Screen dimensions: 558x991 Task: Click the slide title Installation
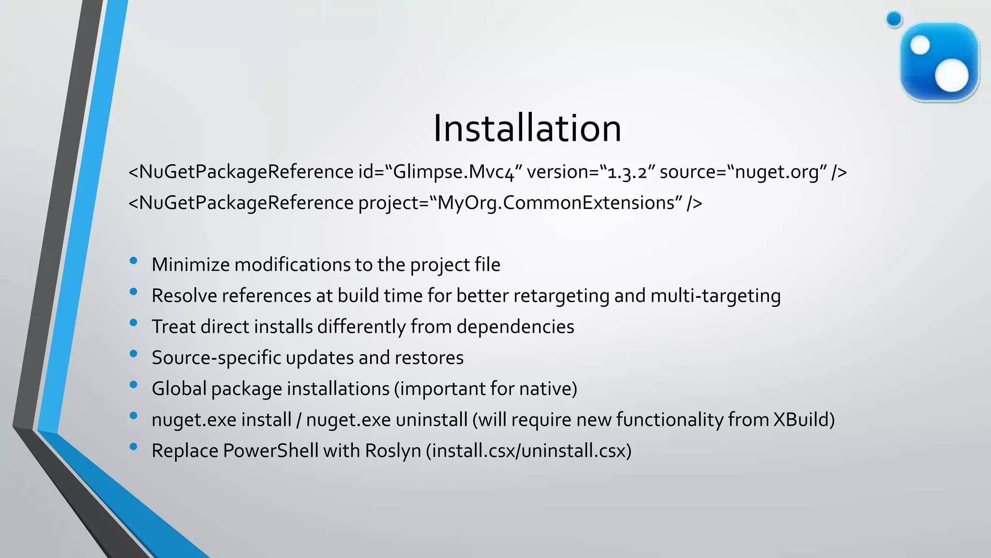(527, 128)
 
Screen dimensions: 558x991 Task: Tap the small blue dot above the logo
(894, 19)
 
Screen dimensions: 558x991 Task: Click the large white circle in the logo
(952, 76)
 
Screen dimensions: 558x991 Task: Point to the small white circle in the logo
(920, 46)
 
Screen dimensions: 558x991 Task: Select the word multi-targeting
(715, 296)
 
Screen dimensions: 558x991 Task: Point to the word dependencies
(515, 327)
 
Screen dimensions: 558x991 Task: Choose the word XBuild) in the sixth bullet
(804, 420)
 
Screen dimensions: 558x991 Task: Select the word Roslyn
(393, 451)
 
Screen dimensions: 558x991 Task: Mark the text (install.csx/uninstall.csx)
(529, 451)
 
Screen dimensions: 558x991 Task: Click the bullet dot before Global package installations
(134, 385)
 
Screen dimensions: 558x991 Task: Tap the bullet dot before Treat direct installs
(134, 323)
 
